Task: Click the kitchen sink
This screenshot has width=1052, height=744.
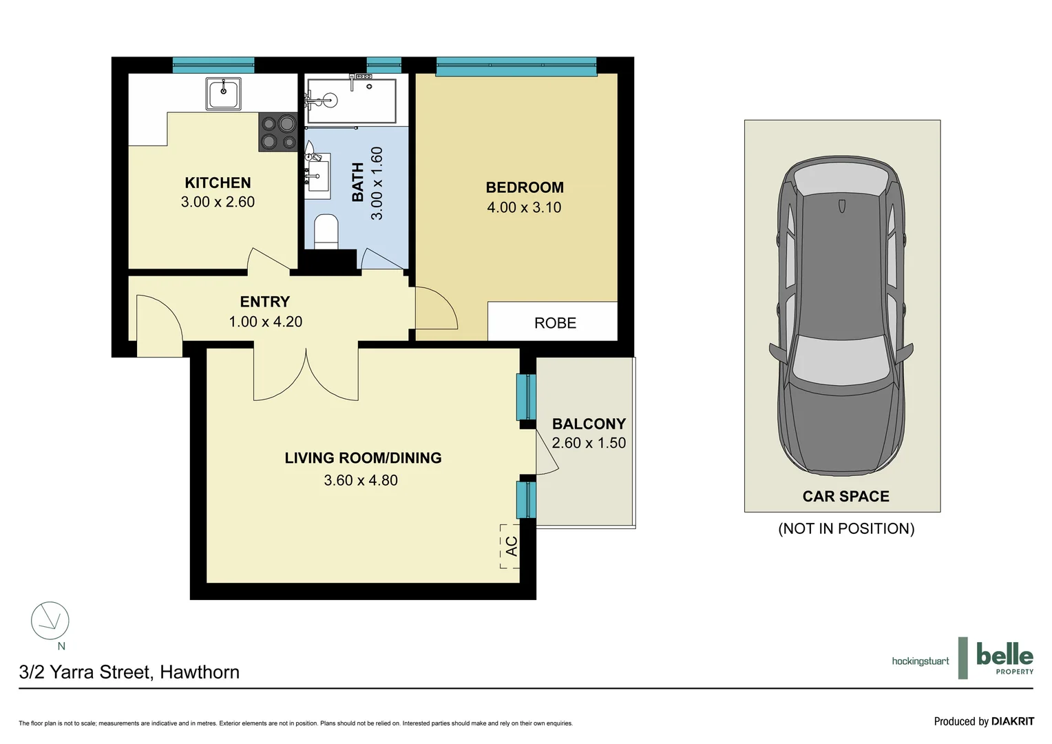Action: tap(224, 93)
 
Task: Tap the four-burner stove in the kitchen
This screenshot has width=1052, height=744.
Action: tap(277, 132)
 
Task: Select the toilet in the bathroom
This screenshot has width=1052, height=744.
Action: tap(326, 231)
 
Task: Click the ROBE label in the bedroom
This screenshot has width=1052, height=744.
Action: tap(555, 323)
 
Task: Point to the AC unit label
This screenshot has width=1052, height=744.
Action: tap(511, 546)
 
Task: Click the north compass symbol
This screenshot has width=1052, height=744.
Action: tap(50, 621)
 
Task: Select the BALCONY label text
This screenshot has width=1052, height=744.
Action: tap(589, 424)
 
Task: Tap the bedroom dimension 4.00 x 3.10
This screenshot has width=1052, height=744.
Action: tap(524, 207)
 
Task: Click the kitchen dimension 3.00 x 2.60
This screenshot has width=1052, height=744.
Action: tap(218, 202)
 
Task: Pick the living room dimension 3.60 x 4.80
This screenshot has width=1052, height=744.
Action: tap(361, 480)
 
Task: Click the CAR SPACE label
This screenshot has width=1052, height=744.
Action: tap(845, 496)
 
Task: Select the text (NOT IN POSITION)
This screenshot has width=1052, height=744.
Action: tap(846, 528)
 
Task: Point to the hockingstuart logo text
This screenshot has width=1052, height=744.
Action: tap(920, 661)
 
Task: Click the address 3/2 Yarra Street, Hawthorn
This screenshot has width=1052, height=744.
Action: tap(129, 672)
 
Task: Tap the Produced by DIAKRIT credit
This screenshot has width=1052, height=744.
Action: tap(983, 721)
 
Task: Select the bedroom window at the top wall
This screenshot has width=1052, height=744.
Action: tap(516, 67)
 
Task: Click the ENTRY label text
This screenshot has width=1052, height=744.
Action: tap(264, 302)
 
